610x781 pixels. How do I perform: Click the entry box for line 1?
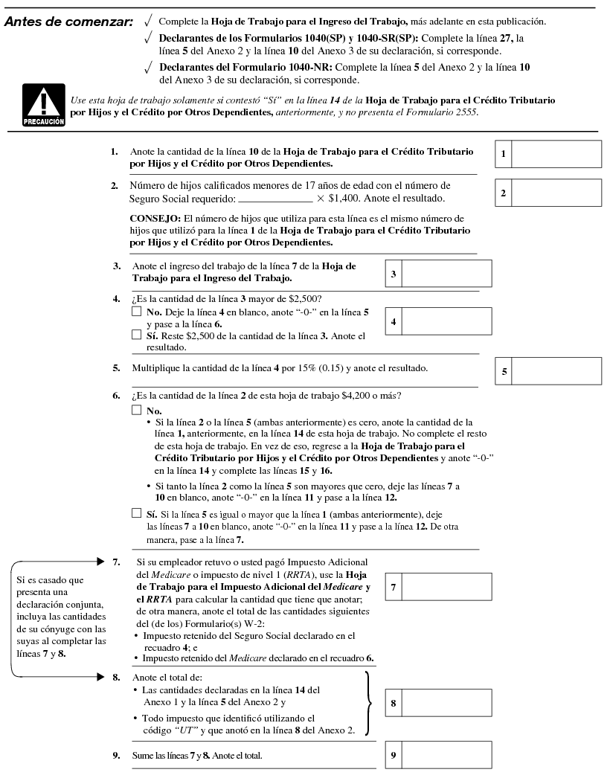point(556,154)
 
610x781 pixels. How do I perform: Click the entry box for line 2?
point(556,193)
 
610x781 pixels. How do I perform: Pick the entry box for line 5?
point(556,371)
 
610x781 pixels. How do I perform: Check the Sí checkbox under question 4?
point(136,335)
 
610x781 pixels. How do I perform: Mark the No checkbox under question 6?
point(136,410)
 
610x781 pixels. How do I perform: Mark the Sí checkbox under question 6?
point(136,513)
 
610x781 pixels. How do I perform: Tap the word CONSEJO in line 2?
point(155,218)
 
